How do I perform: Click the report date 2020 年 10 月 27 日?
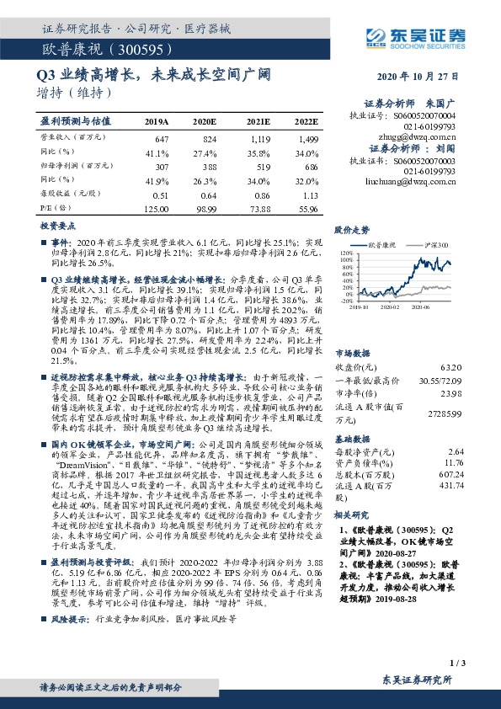[422, 75]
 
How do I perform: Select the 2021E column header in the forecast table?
[258, 121]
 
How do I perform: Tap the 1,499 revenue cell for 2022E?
[307, 136]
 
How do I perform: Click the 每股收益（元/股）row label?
[70, 193]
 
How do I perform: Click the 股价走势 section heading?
[352, 229]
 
